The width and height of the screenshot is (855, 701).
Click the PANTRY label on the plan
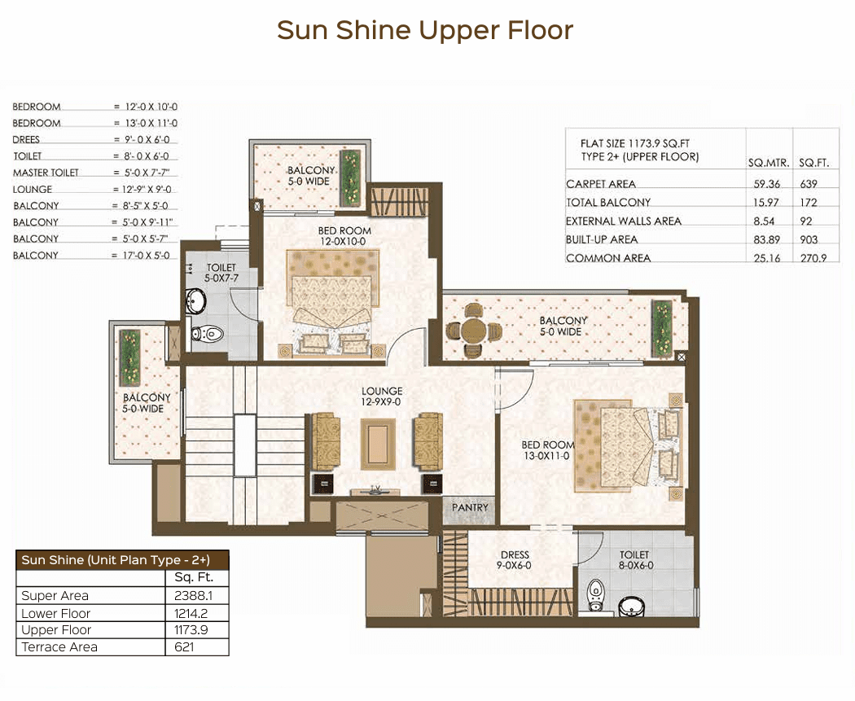pyautogui.click(x=470, y=507)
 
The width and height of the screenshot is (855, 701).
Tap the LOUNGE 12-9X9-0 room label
pyautogui.click(x=382, y=397)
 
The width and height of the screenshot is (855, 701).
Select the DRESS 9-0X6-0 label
pyautogui.click(x=514, y=560)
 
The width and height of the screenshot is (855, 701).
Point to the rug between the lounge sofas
pyautogui.click(x=378, y=444)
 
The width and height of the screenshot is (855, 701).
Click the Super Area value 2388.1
pyautogui.click(x=193, y=596)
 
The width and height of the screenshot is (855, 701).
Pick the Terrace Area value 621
pyautogui.click(x=184, y=647)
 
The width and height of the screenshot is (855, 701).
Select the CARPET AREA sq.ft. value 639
pyautogui.click(x=809, y=184)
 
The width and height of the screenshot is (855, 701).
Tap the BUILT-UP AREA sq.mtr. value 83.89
pyautogui.click(x=767, y=240)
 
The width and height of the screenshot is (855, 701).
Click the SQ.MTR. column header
pyautogui.click(x=769, y=163)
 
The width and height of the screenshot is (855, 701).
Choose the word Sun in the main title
pyautogui.click(x=302, y=30)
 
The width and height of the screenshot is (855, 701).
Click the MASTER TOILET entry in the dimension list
pyautogui.click(x=46, y=173)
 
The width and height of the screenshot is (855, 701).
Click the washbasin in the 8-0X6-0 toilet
pyautogui.click(x=631, y=607)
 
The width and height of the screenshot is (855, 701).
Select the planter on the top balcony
pyautogui.click(x=349, y=178)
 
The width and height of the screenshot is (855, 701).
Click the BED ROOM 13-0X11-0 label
pyautogui.click(x=547, y=450)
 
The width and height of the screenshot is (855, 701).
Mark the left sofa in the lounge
pyautogui.click(x=326, y=441)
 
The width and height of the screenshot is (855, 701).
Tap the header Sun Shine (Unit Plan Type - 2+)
pyautogui.click(x=116, y=560)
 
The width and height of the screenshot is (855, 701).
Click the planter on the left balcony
pyautogui.click(x=129, y=357)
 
